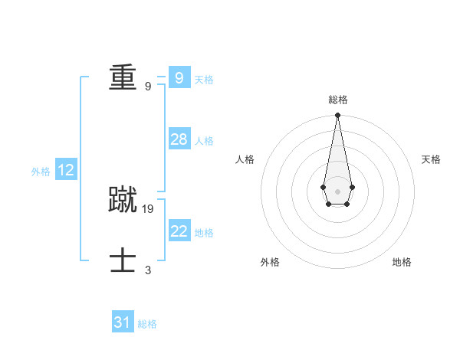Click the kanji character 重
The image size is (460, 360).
[x=123, y=77]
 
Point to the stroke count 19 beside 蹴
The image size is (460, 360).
[x=148, y=208]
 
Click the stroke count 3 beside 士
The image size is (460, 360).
[x=148, y=270]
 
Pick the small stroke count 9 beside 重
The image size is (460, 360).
[x=148, y=87]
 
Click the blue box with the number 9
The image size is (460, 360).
[x=179, y=77]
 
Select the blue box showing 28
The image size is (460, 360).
[x=179, y=139]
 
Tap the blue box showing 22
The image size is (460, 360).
[x=179, y=231]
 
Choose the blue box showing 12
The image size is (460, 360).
[x=66, y=170]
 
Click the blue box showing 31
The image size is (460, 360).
[x=123, y=322]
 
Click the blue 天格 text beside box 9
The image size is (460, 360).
[x=204, y=80]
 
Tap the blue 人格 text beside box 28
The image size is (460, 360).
[x=204, y=141]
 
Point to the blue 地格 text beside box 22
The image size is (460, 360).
[x=204, y=233]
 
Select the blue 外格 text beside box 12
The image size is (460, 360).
[x=41, y=172]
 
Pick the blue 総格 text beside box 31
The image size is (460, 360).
[x=147, y=325]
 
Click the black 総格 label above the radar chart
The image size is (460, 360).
[x=337, y=100]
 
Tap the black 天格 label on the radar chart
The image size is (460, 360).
[x=432, y=159]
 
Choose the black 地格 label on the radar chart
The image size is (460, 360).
[x=402, y=262]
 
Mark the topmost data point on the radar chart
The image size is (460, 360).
[x=337, y=116]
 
